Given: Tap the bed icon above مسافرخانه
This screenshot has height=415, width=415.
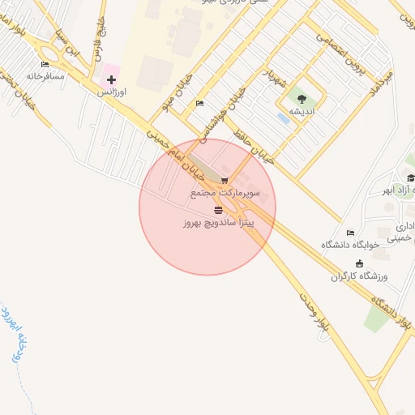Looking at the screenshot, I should pos(45,64).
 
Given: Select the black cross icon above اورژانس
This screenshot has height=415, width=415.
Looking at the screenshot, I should pos(111,79).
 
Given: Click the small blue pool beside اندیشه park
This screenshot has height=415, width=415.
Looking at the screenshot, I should pos(282,118).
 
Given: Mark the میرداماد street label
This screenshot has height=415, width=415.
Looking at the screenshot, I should pos(379,81).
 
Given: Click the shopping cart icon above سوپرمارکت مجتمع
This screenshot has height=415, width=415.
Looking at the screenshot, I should pos(225,181).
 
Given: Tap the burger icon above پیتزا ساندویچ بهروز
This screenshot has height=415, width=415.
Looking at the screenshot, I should pos(217,210).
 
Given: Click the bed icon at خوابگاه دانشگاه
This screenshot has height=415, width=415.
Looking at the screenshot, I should pos(350,233).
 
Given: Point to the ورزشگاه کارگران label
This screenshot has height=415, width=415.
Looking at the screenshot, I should pos(360,276).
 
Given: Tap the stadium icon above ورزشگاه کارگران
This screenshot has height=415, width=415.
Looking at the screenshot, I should pos(360,263).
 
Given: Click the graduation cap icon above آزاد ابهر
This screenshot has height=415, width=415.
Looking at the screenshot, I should pos(410,178).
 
